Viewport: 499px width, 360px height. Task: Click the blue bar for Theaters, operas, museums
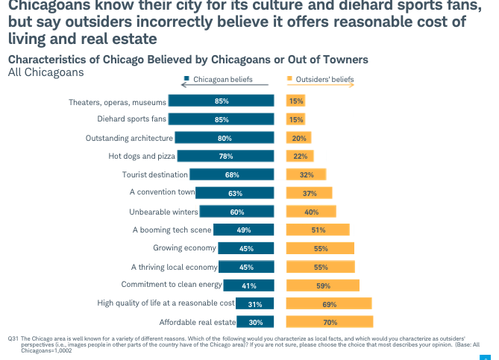click(220, 101)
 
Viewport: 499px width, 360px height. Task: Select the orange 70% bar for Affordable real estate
click(330, 322)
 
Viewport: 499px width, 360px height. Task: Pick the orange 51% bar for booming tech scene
click(318, 230)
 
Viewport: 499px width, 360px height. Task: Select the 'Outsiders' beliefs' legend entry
click(324, 79)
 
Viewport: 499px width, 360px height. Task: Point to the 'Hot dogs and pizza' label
click(140, 157)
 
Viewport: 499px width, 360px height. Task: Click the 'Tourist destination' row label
click(154, 174)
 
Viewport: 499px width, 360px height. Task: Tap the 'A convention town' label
click(162, 193)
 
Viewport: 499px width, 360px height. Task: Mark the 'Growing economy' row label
click(184, 248)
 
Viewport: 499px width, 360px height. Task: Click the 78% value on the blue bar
click(225, 157)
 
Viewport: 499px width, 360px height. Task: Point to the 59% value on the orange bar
click(324, 285)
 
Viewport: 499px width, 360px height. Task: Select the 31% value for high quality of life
click(254, 303)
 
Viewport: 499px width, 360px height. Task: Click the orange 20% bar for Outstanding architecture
click(299, 138)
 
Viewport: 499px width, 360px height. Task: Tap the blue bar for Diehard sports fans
click(220, 119)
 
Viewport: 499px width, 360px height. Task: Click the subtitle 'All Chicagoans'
click(45, 72)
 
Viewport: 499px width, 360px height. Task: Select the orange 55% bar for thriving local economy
click(321, 267)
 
